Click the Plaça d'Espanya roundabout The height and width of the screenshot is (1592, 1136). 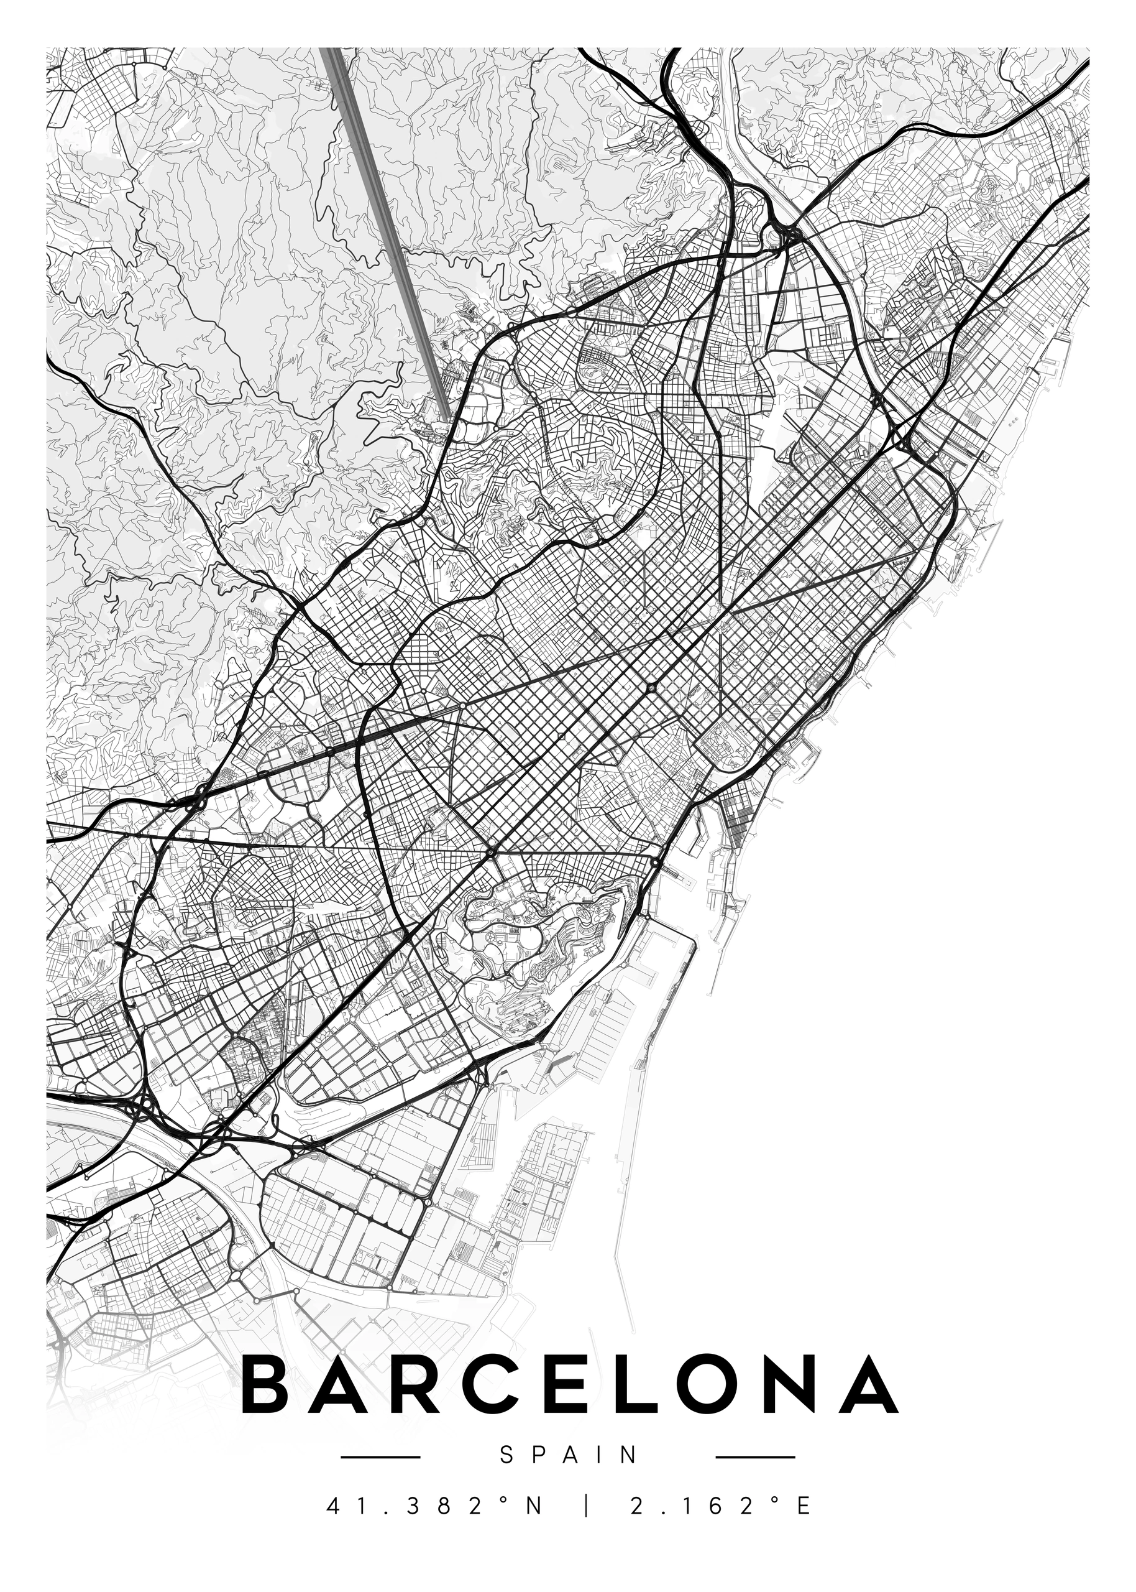[492, 851]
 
